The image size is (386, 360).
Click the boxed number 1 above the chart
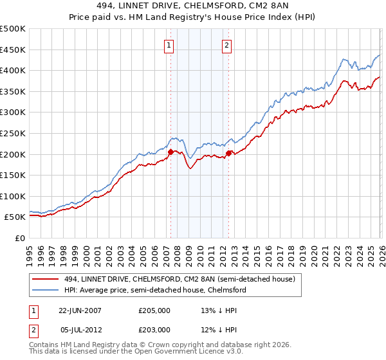pos(169,45)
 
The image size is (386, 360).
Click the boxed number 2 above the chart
pos(228,45)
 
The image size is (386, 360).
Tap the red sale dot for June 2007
pos(170,152)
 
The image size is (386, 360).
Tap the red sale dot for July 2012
pos(228,153)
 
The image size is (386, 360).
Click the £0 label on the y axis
pos(21,238)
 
